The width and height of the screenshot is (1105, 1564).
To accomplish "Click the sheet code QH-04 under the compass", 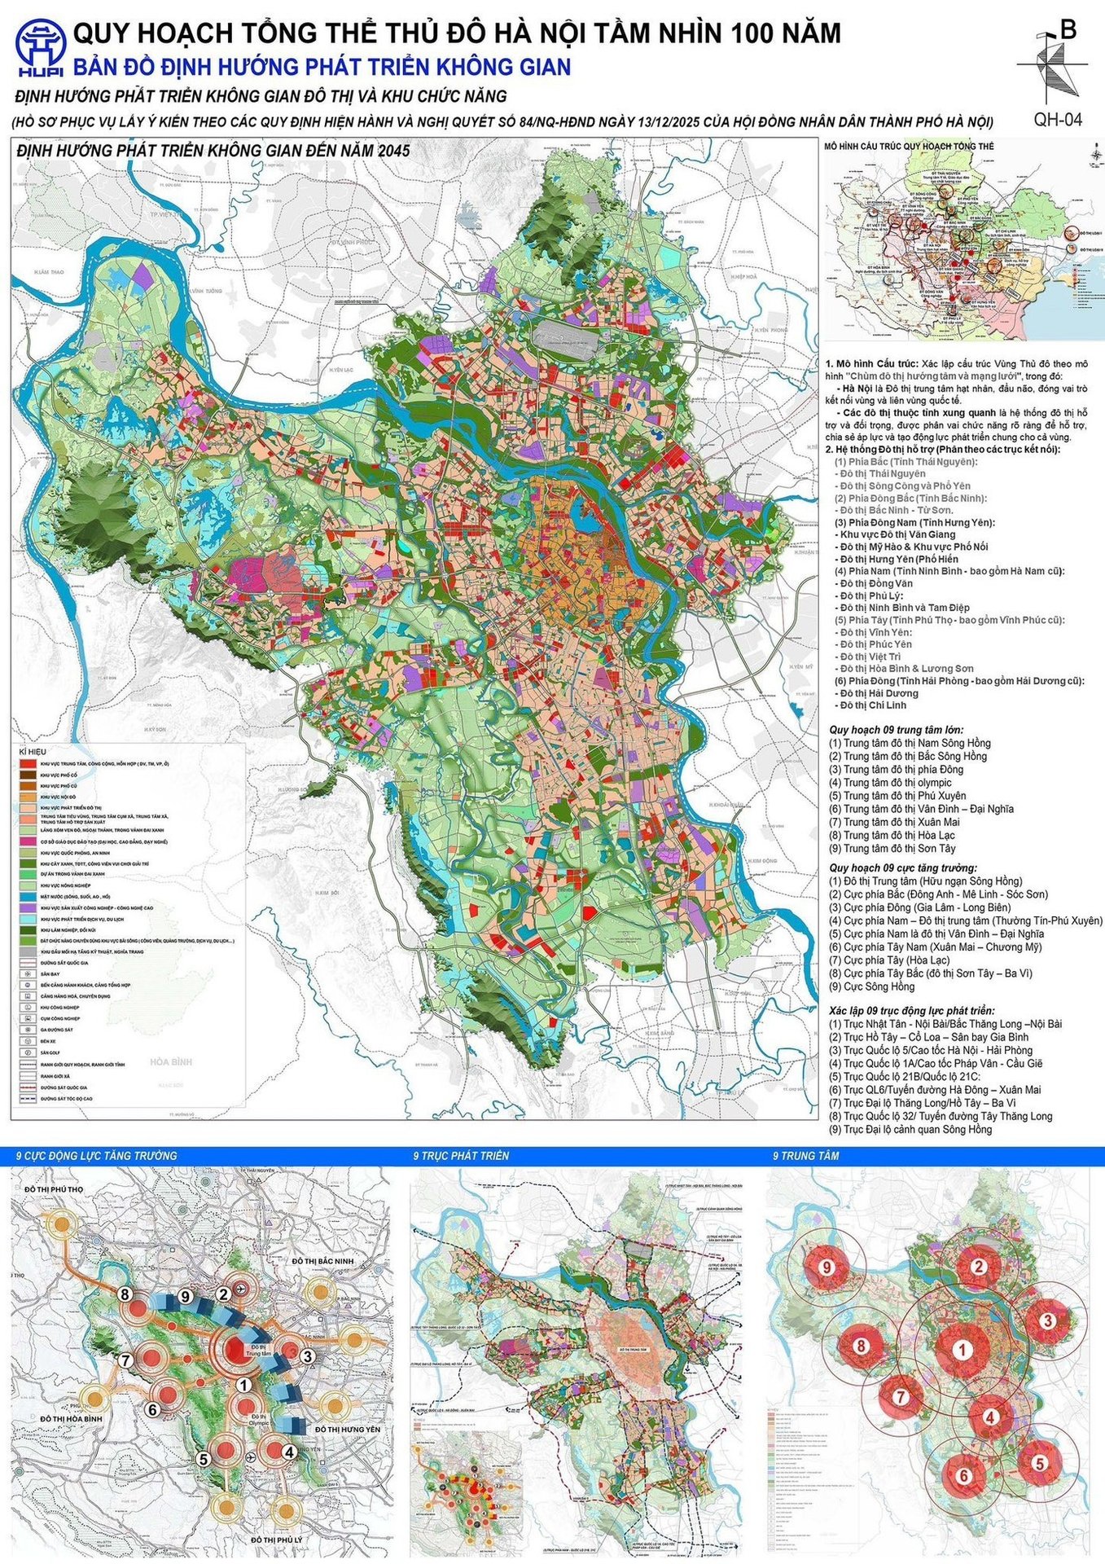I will [x=1058, y=119].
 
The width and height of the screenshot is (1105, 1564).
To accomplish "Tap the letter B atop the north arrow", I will [x=1069, y=30].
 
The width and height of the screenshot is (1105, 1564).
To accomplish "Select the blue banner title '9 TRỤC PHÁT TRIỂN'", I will [x=461, y=1155].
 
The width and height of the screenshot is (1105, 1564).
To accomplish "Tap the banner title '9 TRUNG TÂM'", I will [x=805, y=1155].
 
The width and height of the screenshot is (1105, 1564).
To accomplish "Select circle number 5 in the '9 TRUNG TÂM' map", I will [x=1039, y=1462].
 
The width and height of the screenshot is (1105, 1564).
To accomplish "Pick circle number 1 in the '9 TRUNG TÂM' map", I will [x=962, y=1349].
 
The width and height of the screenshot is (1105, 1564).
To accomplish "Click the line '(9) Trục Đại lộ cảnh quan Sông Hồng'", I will [x=910, y=1129].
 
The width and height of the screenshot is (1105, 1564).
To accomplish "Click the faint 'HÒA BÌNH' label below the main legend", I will [x=171, y=1061].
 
